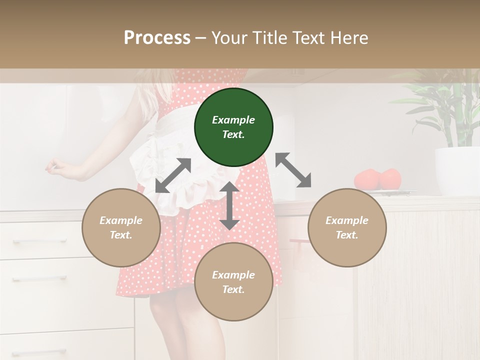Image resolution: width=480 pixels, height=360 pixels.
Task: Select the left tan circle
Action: tap(121, 227)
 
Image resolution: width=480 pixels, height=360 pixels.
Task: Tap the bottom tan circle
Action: tap(233, 282)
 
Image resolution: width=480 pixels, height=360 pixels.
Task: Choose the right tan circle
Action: tap(347, 227)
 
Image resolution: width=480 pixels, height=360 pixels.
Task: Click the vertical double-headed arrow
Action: tap(229, 205)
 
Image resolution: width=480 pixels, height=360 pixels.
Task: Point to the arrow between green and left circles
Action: tap(173, 175)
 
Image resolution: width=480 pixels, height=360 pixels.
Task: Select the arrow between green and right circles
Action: tap(293, 170)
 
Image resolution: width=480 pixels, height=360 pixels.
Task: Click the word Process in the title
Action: tap(157, 38)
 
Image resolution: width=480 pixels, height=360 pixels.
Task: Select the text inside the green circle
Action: tap(233, 127)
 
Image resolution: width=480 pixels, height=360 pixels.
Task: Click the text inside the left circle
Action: tap(121, 227)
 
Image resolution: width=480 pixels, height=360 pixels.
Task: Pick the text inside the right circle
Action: tap(347, 227)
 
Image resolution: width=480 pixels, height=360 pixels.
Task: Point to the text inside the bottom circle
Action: tap(233, 282)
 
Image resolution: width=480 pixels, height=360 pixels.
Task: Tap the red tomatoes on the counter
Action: tap(378, 179)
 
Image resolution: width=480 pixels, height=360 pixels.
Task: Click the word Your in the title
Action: tap(228, 38)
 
